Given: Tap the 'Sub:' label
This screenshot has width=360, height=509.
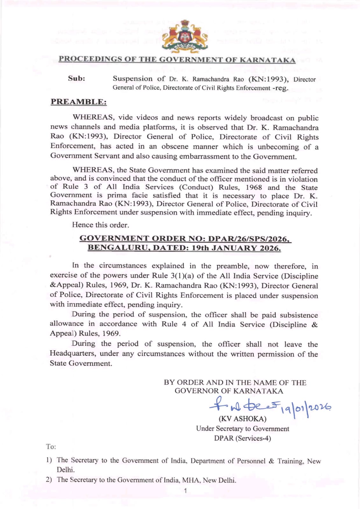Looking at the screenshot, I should click(x=76, y=79).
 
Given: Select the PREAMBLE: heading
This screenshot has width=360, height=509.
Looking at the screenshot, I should click(x=79, y=102).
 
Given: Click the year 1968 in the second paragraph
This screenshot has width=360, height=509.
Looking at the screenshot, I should click(x=254, y=187).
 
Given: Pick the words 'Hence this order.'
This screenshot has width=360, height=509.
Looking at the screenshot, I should click(x=101, y=225).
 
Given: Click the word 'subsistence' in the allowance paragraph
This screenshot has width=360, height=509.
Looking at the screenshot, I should click(x=299, y=315).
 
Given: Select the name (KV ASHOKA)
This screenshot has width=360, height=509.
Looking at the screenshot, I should click(x=242, y=419).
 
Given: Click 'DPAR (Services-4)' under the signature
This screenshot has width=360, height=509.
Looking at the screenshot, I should click(x=242, y=438).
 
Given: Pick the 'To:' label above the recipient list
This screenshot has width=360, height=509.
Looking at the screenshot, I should click(x=51, y=447).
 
